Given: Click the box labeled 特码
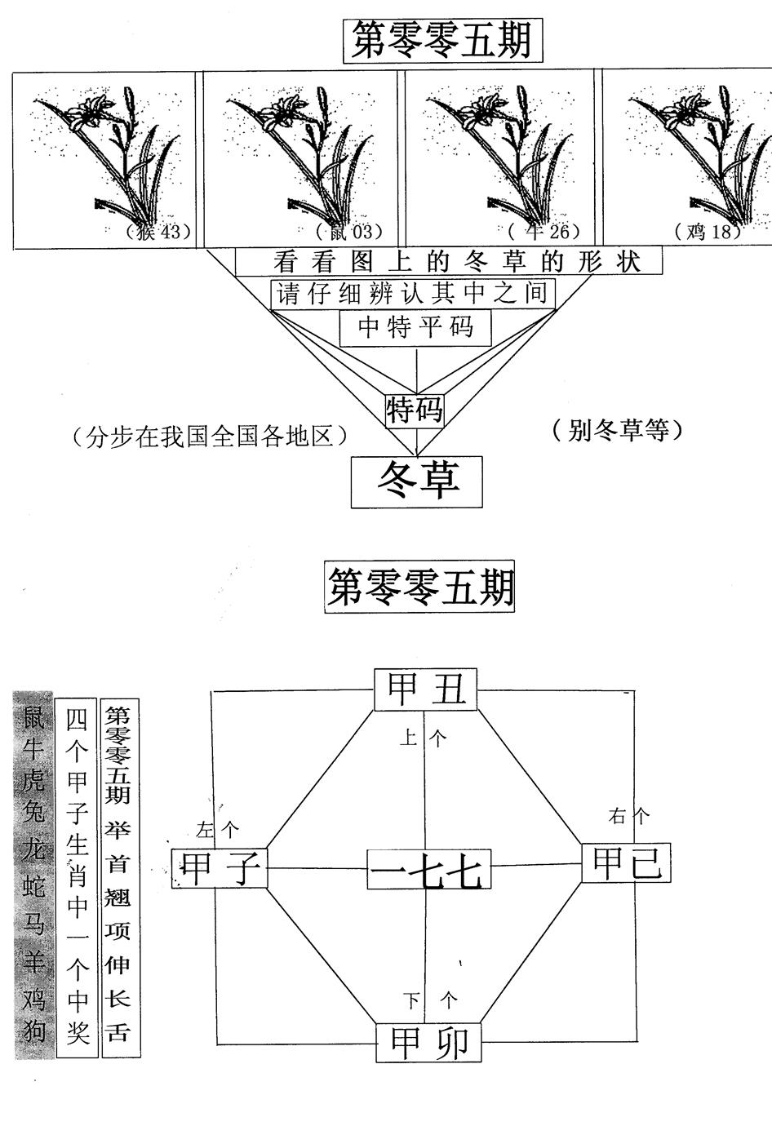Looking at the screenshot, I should pyautogui.click(x=415, y=410).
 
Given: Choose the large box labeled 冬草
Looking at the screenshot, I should pyautogui.click(x=417, y=481).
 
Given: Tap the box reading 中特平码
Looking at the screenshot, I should pyautogui.click(x=416, y=327).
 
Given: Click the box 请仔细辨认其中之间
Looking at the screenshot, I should pyautogui.click(x=413, y=294).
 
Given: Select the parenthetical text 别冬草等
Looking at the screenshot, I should pyautogui.click(x=616, y=430).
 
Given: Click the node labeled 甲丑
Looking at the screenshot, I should pyautogui.click(x=425, y=690).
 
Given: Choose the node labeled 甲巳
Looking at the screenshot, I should pyautogui.click(x=626, y=863).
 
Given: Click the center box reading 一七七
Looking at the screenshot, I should pyautogui.click(x=428, y=870).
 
